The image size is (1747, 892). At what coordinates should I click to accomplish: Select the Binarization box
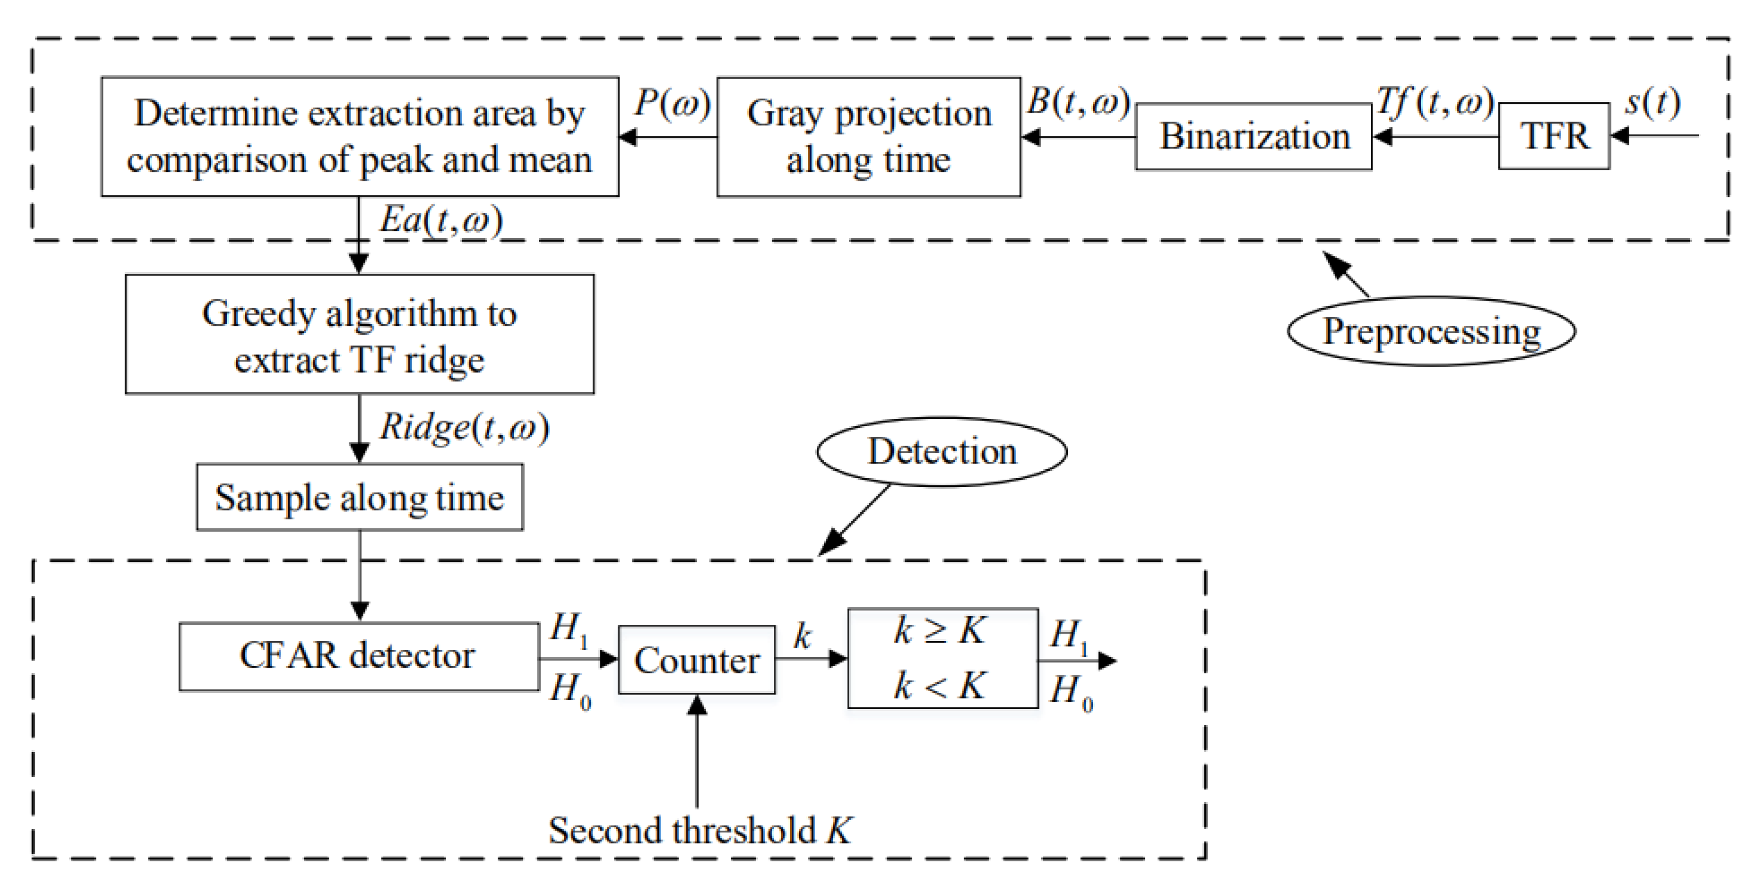pos(1253,136)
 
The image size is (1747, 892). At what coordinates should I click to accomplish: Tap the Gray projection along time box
pos(868,136)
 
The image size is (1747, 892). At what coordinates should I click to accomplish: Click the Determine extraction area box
pos(359,136)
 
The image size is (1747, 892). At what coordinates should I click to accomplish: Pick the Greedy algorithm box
pos(359,334)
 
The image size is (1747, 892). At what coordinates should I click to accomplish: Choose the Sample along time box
pos(359,497)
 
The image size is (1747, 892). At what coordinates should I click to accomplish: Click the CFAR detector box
pos(358,656)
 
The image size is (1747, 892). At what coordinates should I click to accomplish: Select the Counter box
pos(696,659)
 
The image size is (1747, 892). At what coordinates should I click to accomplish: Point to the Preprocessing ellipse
pos(1431,331)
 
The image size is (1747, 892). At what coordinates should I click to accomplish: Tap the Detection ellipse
pos(941,451)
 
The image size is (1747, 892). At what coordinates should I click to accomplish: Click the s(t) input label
pos(1652,103)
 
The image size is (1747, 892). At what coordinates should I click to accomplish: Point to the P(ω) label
pos(671,104)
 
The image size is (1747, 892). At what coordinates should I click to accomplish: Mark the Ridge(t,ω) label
pos(464,427)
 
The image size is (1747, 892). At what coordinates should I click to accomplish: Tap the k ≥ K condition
pos(940,631)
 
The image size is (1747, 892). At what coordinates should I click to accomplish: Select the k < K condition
pos(940,686)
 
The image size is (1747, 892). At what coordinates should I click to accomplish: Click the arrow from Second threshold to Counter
pos(696,753)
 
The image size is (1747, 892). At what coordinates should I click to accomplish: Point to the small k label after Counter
pos(802,637)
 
